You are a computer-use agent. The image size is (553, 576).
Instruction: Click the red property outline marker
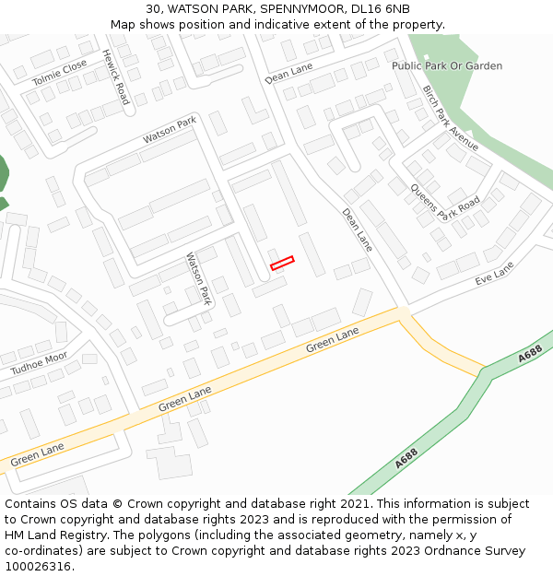(x=282, y=263)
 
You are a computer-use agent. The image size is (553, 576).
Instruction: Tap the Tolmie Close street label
(x=60, y=72)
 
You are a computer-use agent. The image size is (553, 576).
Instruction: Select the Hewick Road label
(x=115, y=76)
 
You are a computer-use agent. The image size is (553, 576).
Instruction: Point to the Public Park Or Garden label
(x=447, y=66)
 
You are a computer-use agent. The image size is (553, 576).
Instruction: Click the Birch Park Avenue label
(x=451, y=118)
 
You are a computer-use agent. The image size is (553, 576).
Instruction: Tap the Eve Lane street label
(x=494, y=272)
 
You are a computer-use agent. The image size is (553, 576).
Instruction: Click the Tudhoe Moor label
(x=39, y=363)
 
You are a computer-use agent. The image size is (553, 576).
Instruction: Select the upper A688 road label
(x=530, y=354)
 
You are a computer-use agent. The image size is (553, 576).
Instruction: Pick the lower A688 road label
(x=406, y=458)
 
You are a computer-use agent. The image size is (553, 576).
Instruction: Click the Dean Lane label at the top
(x=288, y=74)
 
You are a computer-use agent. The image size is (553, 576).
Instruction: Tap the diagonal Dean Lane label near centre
(x=358, y=229)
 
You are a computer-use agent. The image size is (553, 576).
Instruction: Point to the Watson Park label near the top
(x=170, y=130)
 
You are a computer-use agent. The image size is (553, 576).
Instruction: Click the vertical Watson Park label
(x=199, y=279)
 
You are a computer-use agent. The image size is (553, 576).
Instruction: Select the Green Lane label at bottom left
(x=37, y=453)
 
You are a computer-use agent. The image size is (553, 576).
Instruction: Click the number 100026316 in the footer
(x=38, y=566)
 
